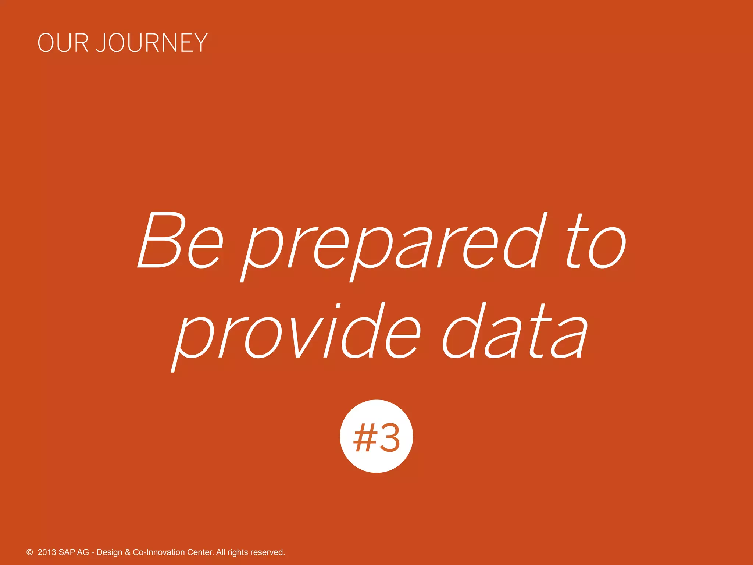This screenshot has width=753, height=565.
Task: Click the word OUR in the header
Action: [x=63, y=43]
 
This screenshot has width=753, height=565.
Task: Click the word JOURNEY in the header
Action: [x=152, y=43]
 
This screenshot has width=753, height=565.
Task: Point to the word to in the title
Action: [x=595, y=241]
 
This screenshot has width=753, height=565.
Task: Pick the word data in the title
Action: [x=515, y=331]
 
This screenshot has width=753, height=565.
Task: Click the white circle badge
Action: [x=376, y=436]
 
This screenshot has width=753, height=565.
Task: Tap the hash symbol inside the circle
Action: [x=364, y=438]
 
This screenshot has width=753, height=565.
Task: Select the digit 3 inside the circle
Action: [x=389, y=438]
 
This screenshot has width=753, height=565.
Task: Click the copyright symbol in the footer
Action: [x=30, y=552]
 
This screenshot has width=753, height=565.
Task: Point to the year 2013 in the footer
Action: [x=47, y=552]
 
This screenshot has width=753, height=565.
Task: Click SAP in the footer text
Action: [x=67, y=552]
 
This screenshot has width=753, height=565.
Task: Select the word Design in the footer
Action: [x=109, y=552]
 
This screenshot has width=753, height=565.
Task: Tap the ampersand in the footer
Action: [x=128, y=552]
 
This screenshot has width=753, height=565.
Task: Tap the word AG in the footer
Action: [x=83, y=552]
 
